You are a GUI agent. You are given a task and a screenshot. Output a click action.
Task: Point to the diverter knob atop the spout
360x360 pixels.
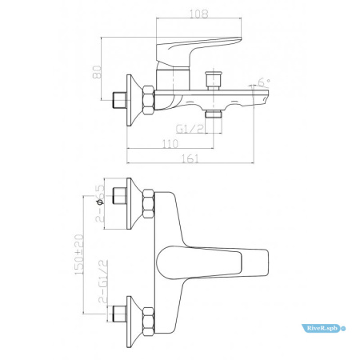[x=213, y=82]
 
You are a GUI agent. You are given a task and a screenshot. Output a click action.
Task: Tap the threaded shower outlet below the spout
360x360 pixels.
[x=213, y=116]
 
